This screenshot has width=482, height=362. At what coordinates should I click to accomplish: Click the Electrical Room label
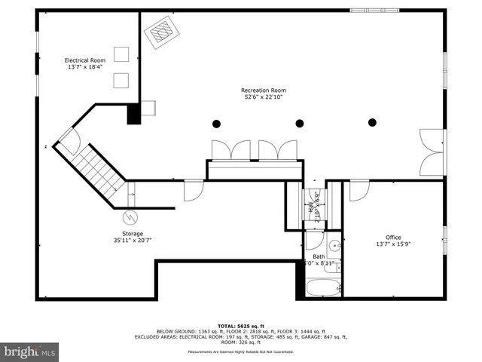point(84,60)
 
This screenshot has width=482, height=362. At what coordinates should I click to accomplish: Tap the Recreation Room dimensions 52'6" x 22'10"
point(264,97)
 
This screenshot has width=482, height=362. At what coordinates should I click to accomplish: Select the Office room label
point(398,237)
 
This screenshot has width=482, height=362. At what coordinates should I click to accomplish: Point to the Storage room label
point(128,234)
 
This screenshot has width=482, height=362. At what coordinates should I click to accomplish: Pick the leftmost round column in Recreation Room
point(217,123)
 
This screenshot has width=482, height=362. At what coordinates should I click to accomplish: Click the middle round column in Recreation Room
point(300,123)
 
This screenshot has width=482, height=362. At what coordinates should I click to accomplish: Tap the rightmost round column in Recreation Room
point(371,122)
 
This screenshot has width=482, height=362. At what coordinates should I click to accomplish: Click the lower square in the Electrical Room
point(120,79)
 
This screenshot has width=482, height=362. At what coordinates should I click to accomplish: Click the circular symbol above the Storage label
point(131,217)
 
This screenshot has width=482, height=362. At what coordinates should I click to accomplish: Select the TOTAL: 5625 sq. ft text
point(240,325)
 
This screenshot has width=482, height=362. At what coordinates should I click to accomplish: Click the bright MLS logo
point(30,351)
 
